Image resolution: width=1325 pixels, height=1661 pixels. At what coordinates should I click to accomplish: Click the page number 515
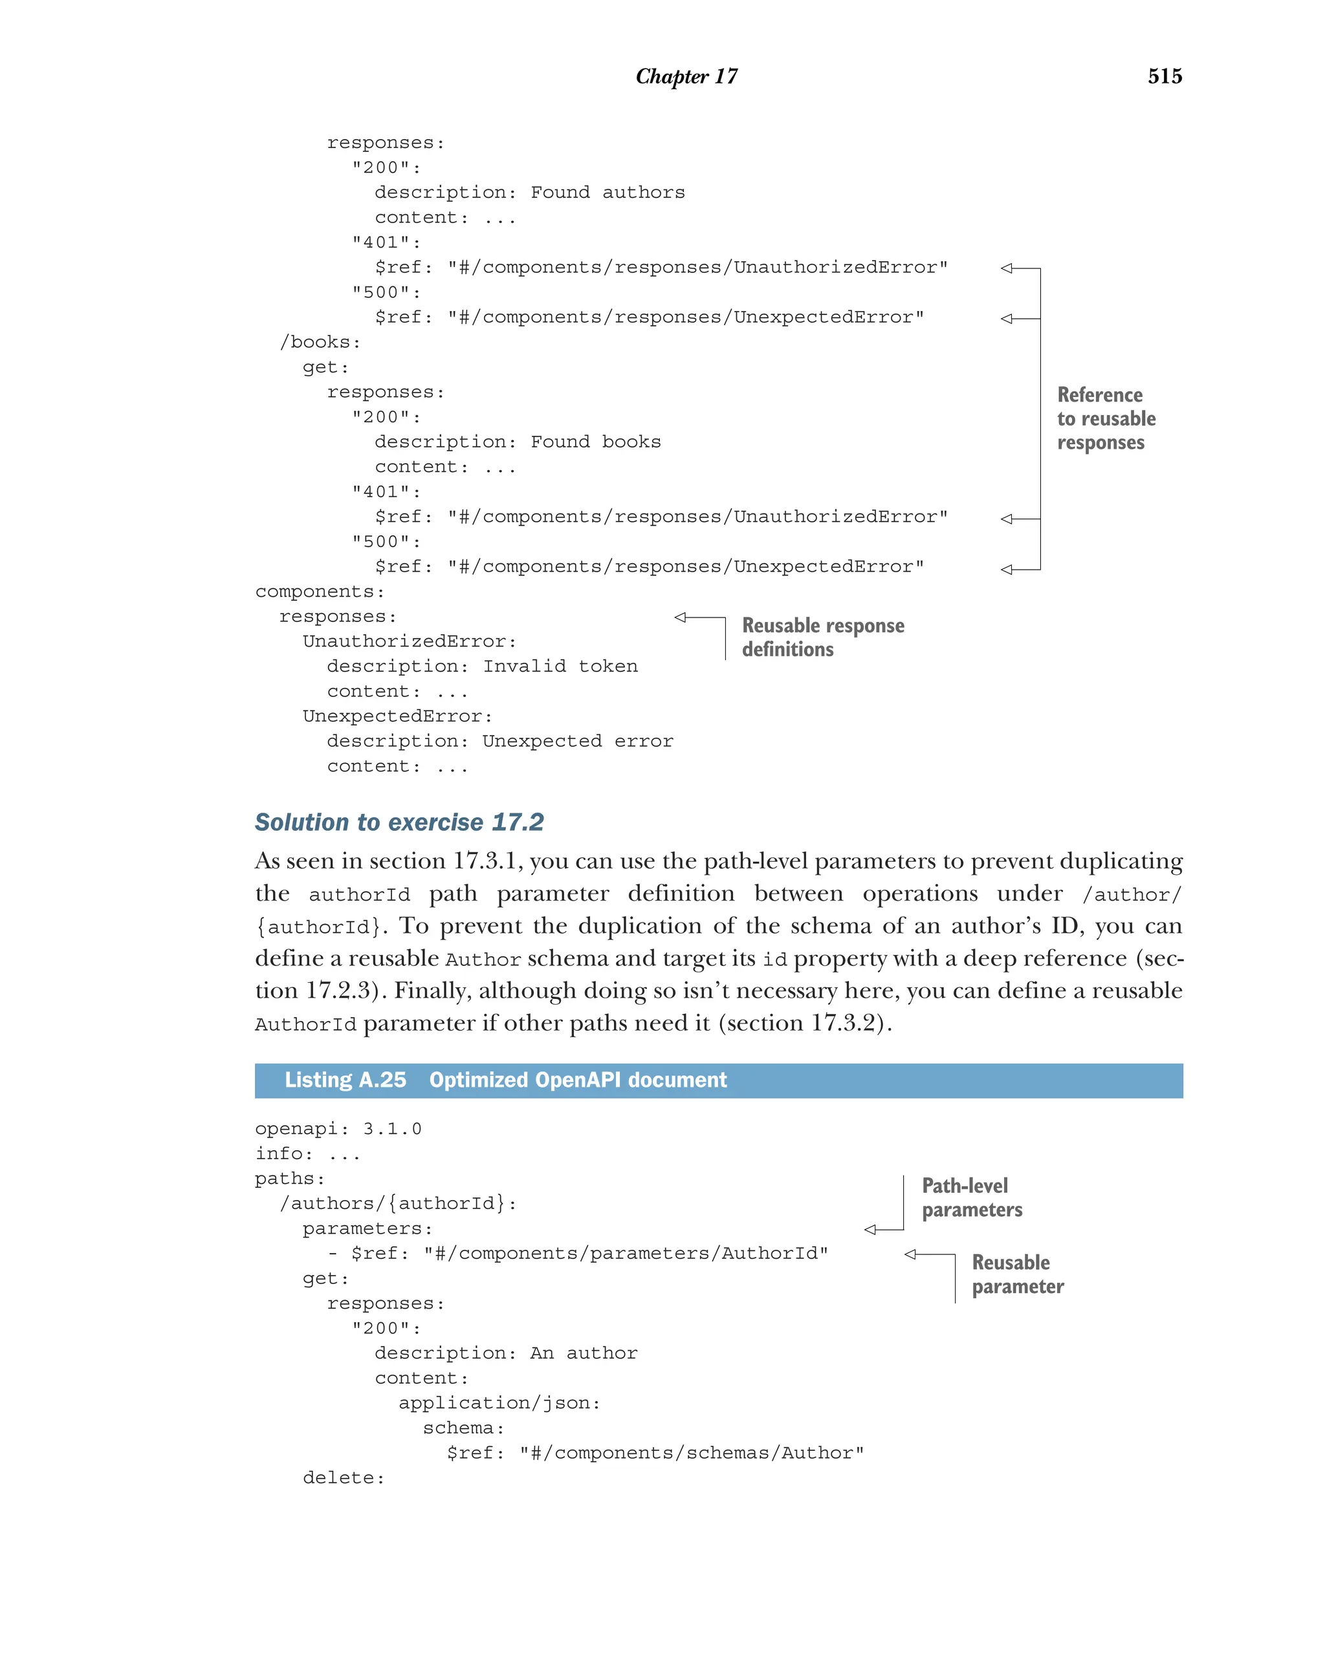tap(1164, 76)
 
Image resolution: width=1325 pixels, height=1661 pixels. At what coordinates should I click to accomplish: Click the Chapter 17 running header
tap(686, 76)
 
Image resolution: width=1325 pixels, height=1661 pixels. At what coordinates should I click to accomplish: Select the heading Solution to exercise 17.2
tap(399, 822)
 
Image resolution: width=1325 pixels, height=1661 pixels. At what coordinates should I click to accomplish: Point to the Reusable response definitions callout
tap(822, 637)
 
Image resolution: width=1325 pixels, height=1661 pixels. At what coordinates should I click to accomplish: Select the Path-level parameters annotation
tap(970, 1197)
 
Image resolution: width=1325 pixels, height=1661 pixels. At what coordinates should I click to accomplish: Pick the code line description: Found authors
tap(529, 193)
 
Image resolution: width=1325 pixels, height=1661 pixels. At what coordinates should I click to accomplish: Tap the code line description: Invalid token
tap(482, 667)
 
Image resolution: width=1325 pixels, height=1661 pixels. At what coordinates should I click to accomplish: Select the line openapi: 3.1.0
tap(338, 1129)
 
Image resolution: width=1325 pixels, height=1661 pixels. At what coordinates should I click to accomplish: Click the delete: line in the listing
tap(343, 1477)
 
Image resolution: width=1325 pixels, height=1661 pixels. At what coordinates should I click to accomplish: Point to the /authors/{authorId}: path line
tap(398, 1203)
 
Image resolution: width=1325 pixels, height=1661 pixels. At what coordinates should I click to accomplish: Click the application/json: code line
tap(499, 1403)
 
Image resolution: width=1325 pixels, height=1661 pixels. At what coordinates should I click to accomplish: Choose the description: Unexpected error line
tap(499, 741)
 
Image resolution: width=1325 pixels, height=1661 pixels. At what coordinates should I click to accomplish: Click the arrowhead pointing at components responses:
tap(680, 617)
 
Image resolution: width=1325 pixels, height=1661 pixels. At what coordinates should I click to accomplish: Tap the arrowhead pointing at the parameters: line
tap(870, 1230)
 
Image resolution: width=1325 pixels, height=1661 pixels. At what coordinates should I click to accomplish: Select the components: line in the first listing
tap(319, 592)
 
